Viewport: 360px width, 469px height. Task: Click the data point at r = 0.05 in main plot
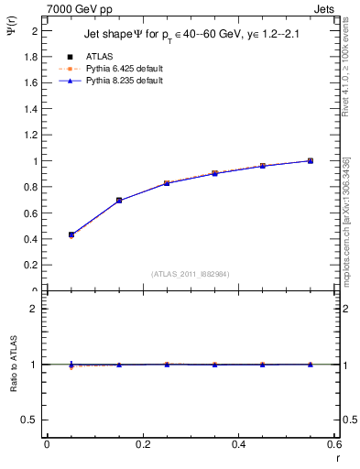click(71, 234)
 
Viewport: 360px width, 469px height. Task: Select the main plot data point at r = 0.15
click(119, 200)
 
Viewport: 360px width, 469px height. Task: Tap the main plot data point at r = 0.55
click(311, 160)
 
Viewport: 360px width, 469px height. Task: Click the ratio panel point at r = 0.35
click(214, 365)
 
